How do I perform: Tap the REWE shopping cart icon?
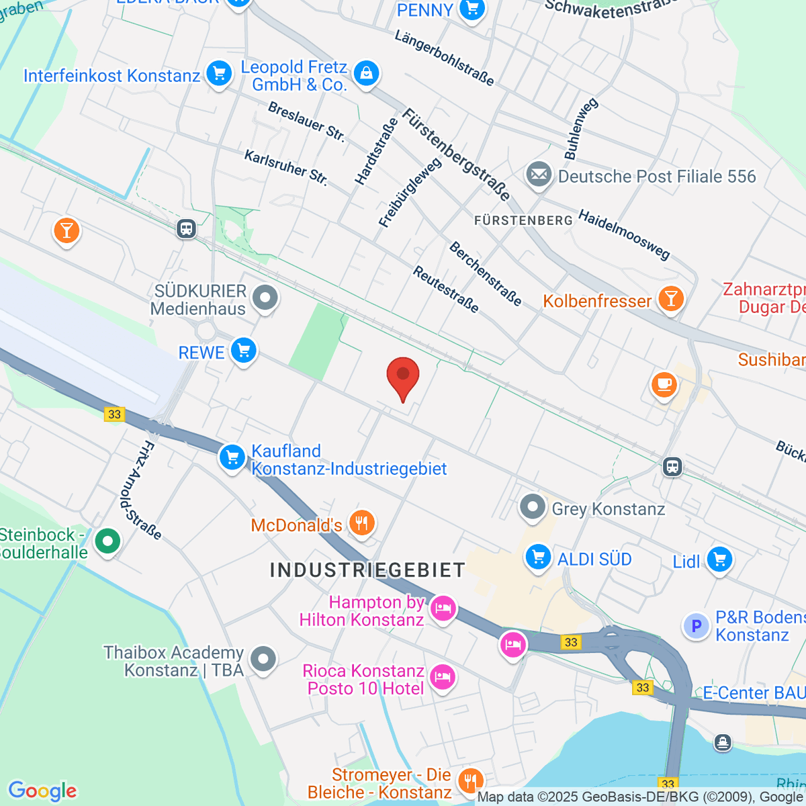tap(243, 351)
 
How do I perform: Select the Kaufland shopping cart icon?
tap(232, 457)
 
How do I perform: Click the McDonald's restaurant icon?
tap(362, 523)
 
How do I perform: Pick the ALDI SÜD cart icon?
tap(538, 557)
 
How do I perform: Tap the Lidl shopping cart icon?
tap(719, 559)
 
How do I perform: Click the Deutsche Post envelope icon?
tap(539, 175)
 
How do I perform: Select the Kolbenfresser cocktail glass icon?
tap(670, 299)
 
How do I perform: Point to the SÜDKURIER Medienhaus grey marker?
tap(265, 298)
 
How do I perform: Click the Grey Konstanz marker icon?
tap(533, 507)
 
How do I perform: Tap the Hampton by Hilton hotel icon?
tap(443, 609)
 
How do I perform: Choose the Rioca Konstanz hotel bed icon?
tap(443, 676)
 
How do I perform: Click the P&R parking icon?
tap(696, 626)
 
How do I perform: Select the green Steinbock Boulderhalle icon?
tap(107, 541)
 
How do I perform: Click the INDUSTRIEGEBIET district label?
tap(367, 570)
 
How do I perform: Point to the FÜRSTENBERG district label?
tap(523, 220)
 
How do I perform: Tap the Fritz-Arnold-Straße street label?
tap(142, 491)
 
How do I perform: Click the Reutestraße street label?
tap(446, 289)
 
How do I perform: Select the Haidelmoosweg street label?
tap(624, 235)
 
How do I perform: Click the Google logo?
tap(42, 791)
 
